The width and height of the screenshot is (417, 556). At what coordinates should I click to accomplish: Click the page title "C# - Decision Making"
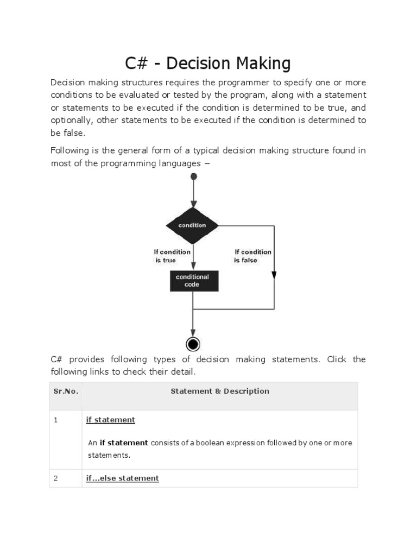(x=208, y=64)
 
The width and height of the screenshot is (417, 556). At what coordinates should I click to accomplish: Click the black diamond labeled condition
(x=192, y=225)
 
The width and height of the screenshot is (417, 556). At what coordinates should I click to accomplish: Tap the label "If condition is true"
(x=172, y=256)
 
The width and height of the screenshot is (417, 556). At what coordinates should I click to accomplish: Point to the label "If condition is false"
(x=252, y=256)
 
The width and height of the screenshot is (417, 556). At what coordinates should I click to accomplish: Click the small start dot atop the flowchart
(x=193, y=176)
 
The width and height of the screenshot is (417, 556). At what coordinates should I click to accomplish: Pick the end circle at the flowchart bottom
(x=193, y=344)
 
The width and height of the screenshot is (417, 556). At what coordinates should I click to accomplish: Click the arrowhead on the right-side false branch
(x=274, y=275)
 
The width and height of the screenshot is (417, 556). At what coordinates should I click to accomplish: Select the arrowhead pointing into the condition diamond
(x=193, y=204)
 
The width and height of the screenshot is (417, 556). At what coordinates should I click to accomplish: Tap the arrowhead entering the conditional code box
(x=193, y=267)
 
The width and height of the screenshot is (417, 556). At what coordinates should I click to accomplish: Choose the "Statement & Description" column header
(x=219, y=391)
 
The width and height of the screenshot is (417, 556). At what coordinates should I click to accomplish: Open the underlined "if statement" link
(x=111, y=420)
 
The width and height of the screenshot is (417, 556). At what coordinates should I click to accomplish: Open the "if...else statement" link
(x=123, y=478)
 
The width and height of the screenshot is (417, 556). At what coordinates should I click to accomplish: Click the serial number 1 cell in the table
(x=56, y=420)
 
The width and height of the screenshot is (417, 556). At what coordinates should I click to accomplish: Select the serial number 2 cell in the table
(x=56, y=478)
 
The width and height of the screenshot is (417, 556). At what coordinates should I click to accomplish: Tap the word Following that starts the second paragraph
(x=71, y=150)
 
